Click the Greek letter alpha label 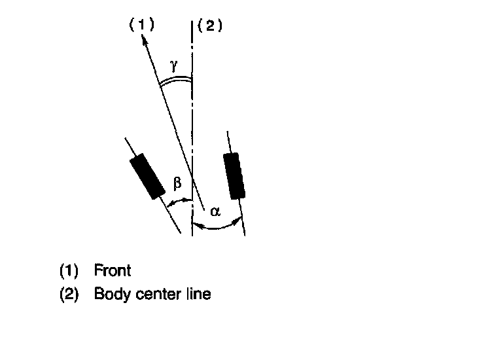click(215, 211)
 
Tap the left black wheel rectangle click(147, 176)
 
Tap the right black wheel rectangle click(234, 175)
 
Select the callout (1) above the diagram click(141, 26)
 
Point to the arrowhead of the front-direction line click(141, 39)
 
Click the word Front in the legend click(113, 270)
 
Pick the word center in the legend click(155, 294)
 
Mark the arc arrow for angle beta click(179, 204)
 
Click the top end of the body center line click(192, 22)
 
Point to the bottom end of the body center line click(192, 235)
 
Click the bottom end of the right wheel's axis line click(244, 234)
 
